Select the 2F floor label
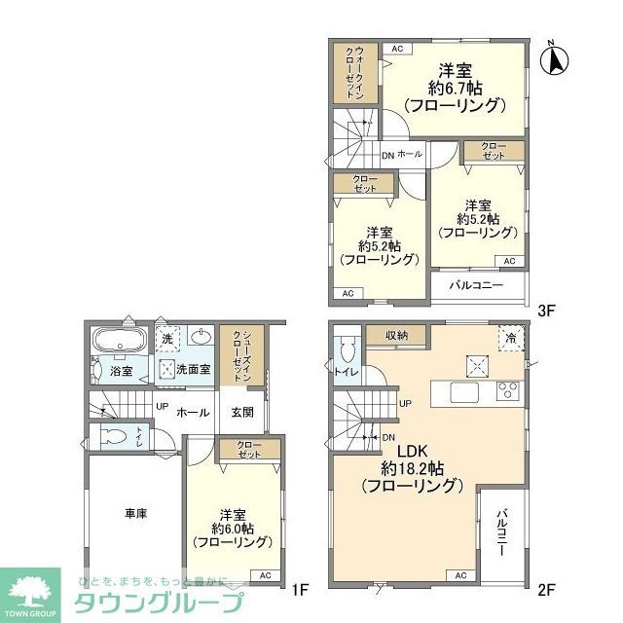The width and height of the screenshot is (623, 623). pyautogui.click(x=547, y=589)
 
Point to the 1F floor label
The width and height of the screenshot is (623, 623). pyautogui.click(x=301, y=589)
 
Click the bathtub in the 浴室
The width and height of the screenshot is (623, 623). pyautogui.click(x=118, y=342)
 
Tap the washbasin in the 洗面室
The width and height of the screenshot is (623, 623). pyautogui.click(x=202, y=338)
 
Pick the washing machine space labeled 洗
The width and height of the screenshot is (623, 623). pyautogui.click(x=166, y=338)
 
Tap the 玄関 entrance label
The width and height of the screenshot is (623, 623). pyautogui.click(x=242, y=412)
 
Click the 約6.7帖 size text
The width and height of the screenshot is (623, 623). pyautogui.click(x=455, y=88)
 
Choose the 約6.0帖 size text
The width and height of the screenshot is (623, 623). pyautogui.click(x=232, y=529)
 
